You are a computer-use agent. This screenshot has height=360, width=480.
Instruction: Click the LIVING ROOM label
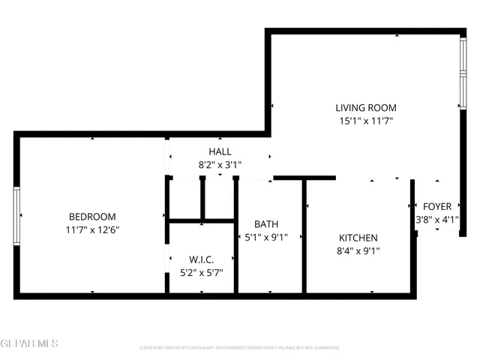[x=366, y=107]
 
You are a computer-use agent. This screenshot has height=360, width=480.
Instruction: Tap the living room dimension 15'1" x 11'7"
[x=366, y=120]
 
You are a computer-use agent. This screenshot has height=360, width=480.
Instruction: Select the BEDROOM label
[x=92, y=217]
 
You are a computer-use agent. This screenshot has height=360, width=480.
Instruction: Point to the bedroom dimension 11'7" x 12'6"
[x=92, y=229]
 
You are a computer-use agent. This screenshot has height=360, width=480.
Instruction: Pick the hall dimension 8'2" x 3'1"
[x=220, y=164]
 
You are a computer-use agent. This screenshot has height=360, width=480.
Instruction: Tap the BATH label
[x=266, y=223]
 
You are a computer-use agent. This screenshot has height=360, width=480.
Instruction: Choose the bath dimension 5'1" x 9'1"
[x=266, y=237]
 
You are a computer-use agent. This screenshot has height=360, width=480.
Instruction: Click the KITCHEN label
[x=357, y=238]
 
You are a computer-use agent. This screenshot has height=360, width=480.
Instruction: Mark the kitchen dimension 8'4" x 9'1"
[x=357, y=251]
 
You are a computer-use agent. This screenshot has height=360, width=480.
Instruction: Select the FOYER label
[x=437, y=207]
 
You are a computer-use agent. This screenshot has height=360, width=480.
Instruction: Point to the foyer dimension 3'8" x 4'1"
[x=437, y=220]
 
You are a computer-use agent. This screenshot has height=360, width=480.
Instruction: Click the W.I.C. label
[x=202, y=259]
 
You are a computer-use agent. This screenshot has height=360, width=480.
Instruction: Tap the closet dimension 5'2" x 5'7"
[x=202, y=273]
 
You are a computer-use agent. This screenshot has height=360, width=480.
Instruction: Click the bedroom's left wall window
[x=16, y=215]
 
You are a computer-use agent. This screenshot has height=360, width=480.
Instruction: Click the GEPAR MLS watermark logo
[x=29, y=343]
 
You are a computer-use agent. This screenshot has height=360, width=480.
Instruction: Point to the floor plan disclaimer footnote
[x=239, y=348]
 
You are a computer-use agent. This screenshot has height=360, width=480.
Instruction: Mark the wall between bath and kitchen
[x=304, y=236]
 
